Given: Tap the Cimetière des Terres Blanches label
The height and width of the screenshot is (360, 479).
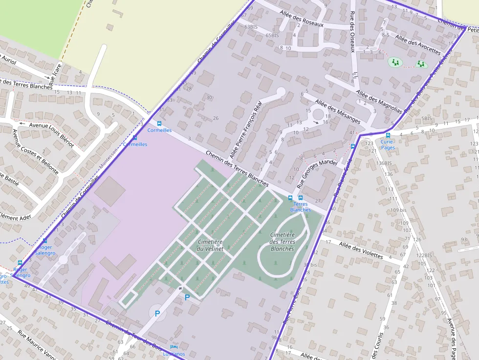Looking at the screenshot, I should coord(283,241).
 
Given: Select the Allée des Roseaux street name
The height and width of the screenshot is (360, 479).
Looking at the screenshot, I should coord(302,18).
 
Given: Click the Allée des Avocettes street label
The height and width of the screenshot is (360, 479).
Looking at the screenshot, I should coord(418,44).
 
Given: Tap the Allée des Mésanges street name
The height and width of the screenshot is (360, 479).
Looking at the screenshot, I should coord(338,111).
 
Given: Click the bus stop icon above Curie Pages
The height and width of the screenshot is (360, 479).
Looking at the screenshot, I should coord(388,135).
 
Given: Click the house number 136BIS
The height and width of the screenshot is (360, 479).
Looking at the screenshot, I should coord(385,163).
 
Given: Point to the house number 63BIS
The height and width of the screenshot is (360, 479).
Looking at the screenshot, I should coord(251,27).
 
